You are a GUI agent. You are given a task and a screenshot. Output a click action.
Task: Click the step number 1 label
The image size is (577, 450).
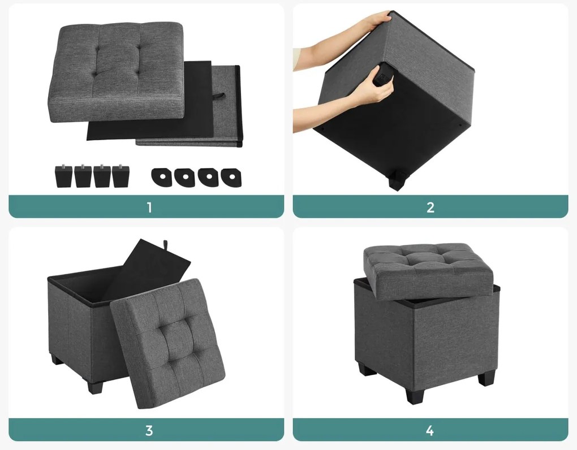tap(149, 207)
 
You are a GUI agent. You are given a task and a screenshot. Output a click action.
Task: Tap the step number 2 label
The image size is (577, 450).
tap(430, 207)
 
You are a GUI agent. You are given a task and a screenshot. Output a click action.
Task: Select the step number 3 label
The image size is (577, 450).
tap(149, 430)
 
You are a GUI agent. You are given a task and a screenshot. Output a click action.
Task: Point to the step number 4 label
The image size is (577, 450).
tap(430, 430)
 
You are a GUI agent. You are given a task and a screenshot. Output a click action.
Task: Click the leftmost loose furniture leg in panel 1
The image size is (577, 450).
tap(64, 176)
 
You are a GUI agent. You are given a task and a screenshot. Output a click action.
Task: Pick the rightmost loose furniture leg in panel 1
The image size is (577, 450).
tap(120, 176)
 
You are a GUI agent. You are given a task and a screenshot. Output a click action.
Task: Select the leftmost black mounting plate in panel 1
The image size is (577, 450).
tap(161, 177)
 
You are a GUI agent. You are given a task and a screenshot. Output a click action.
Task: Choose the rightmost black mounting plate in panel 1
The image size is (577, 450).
tap(231, 177)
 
